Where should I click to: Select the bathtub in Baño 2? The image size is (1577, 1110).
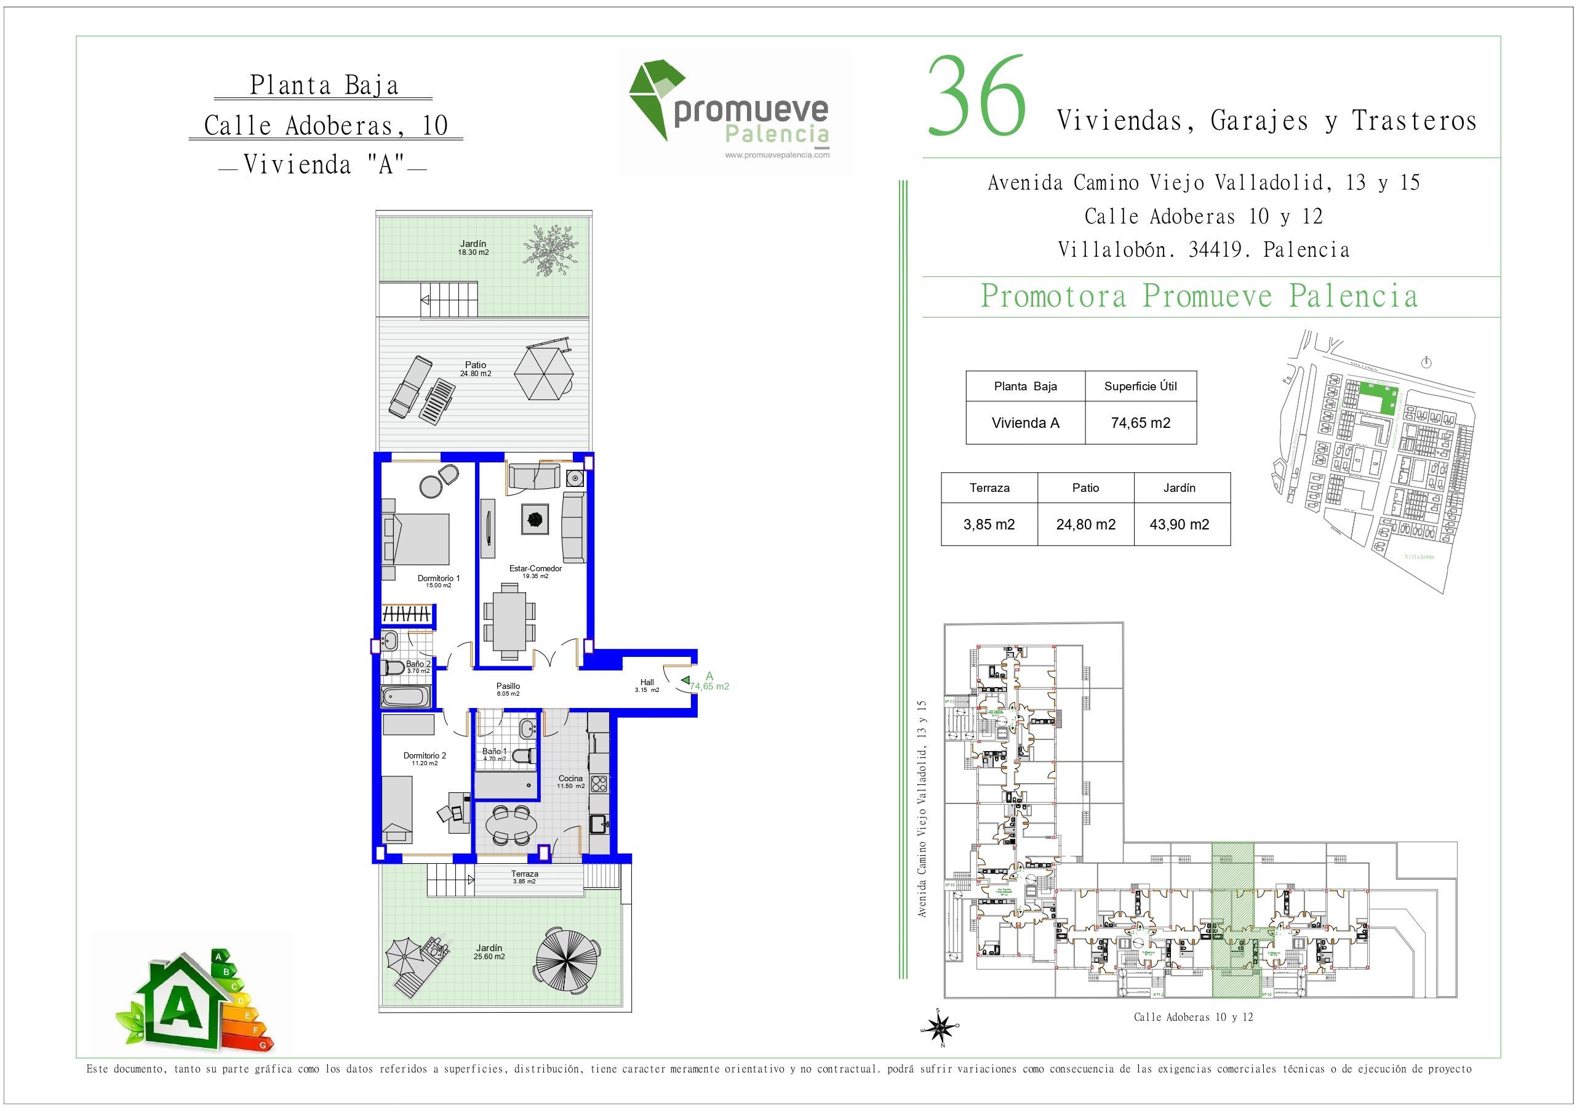tap(406, 697)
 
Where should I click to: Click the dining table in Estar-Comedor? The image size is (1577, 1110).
tap(509, 620)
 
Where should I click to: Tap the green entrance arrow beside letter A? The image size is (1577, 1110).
tap(685, 680)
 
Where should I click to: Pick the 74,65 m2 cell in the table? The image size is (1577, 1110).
tap(1140, 424)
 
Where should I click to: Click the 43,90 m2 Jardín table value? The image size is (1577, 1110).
tap(1180, 525)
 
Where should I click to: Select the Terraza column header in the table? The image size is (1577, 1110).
tap(989, 488)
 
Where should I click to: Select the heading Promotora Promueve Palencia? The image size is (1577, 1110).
tap(1199, 297)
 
